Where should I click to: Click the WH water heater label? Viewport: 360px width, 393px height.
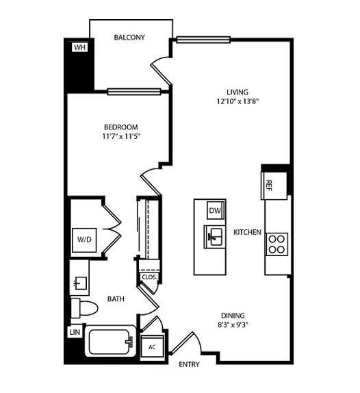(79, 47)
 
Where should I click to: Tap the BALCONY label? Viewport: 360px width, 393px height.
(129, 38)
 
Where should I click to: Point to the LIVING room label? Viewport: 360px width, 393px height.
(237, 92)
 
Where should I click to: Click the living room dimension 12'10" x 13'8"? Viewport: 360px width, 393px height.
(237, 102)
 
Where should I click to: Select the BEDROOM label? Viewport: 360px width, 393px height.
(121, 127)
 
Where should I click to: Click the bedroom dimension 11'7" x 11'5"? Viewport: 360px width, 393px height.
(121, 138)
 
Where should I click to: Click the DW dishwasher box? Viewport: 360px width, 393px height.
(215, 211)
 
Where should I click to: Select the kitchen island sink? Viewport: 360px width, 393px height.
(213, 237)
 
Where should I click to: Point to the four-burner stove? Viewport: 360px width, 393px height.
(277, 244)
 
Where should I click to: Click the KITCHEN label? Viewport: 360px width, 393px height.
(248, 233)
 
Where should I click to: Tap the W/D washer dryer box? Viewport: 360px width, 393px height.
(84, 240)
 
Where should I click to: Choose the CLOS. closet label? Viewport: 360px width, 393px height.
(149, 277)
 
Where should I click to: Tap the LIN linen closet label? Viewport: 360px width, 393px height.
(74, 332)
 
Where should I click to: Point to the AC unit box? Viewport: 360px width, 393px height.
(152, 346)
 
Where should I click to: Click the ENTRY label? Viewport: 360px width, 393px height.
(189, 364)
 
